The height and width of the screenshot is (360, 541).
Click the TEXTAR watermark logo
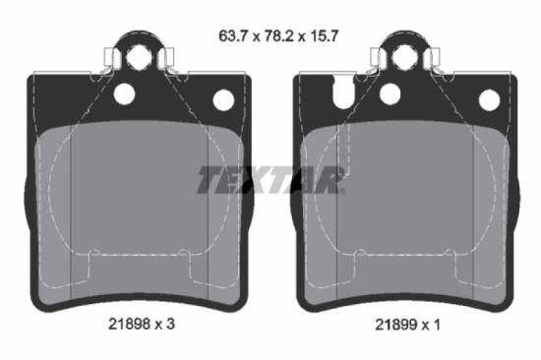click(x=270, y=180)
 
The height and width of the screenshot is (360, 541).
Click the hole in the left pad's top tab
click(x=139, y=57)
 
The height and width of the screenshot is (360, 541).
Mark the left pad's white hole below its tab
click(x=124, y=94)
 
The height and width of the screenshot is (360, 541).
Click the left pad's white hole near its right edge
click(x=223, y=99)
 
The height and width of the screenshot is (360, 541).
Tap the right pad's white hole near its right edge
click(x=489, y=99)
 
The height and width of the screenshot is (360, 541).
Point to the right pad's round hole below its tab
click(x=391, y=94)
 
